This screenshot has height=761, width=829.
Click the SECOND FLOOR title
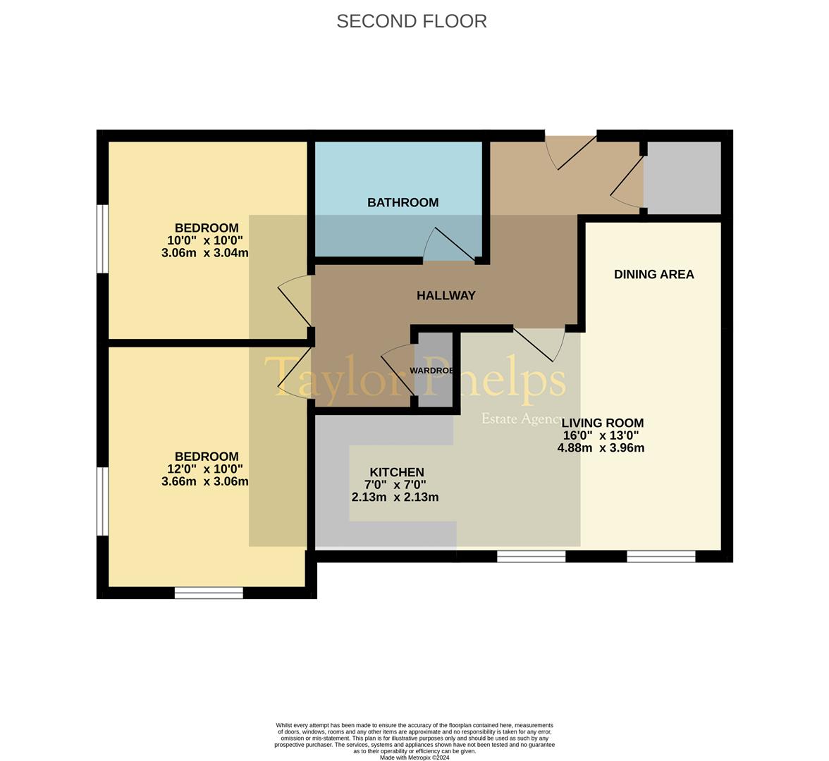[x=411, y=21]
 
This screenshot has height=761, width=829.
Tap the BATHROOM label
[x=403, y=203]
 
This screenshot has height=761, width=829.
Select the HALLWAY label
[x=446, y=296]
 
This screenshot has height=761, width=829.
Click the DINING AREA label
[x=653, y=275]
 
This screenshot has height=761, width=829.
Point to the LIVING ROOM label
[x=602, y=423]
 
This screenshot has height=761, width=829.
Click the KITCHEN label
[x=397, y=472]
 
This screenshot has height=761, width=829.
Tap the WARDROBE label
[x=431, y=371]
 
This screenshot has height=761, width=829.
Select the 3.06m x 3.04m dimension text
[x=204, y=253]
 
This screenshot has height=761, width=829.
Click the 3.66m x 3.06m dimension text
[x=204, y=482]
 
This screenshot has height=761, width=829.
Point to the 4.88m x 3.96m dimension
[x=601, y=448]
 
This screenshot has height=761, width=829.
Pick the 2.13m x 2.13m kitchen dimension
[x=395, y=497]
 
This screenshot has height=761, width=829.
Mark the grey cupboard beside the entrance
[x=683, y=178]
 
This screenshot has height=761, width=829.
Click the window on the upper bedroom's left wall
[x=103, y=238]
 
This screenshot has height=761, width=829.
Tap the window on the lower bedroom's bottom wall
[x=209, y=593]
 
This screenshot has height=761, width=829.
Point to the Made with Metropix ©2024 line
[x=414, y=757]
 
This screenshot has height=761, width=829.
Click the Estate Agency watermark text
[x=522, y=419]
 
